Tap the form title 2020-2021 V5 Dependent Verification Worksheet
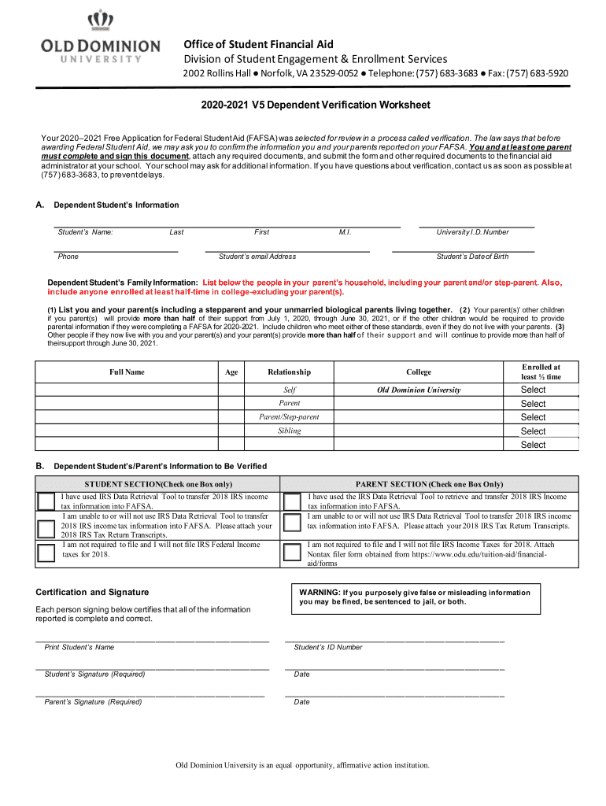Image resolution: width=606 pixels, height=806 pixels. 303,105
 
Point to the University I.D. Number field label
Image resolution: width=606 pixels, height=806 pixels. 472,232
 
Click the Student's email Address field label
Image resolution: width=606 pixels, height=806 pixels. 257,257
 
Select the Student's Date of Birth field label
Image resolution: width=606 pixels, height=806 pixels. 472,257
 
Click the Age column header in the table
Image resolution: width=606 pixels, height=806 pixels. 231,372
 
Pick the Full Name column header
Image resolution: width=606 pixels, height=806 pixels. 127,372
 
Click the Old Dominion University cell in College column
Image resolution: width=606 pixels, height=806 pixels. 419,390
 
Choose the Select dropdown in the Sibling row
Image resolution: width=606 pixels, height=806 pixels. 533,431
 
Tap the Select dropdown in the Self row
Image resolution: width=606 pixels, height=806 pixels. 533,390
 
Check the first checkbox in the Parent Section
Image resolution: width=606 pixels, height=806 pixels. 292,501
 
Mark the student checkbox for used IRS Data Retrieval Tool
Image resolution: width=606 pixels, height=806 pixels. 46,501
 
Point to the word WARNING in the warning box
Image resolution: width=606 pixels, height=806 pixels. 319,593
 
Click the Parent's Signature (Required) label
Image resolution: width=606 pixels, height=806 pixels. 93,702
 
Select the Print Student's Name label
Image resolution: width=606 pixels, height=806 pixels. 79,647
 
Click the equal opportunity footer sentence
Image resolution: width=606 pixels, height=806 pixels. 303,765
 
